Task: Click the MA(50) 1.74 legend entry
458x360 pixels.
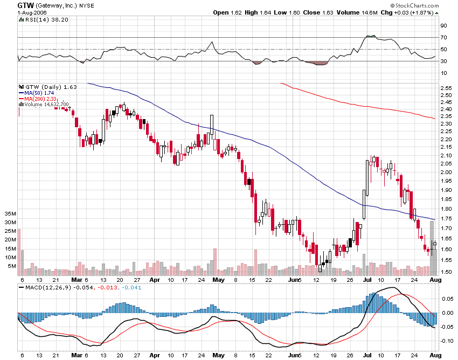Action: coord(40,93)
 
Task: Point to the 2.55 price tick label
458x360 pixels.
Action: coord(446,87)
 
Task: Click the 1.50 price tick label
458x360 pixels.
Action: coord(446,272)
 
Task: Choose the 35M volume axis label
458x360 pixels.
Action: coord(9,213)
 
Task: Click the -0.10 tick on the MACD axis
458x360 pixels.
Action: coord(446,341)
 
